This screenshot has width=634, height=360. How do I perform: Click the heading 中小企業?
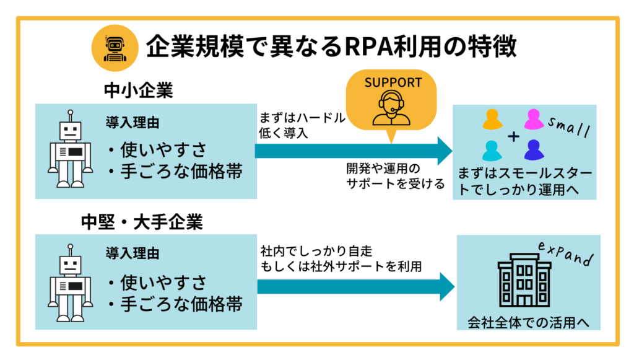[x=137, y=90]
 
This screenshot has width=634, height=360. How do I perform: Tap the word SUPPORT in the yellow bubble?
[x=393, y=82]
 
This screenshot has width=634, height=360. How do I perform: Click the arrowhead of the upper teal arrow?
[x=445, y=151]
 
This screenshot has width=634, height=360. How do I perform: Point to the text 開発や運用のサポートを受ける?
[x=395, y=176]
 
